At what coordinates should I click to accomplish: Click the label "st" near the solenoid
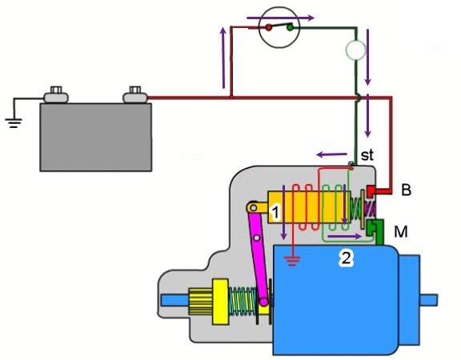click(x=367, y=155)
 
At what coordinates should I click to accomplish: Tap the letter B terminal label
click(x=406, y=190)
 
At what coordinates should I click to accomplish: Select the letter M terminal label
click(x=401, y=232)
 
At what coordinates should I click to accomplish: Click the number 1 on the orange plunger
click(x=275, y=212)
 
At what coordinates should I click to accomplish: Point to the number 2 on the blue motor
click(x=346, y=258)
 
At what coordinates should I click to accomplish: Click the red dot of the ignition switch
click(x=268, y=28)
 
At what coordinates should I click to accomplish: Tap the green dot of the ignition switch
click(x=290, y=28)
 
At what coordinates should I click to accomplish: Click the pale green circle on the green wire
click(x=355, y=50)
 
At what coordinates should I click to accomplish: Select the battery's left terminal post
click(x=56, y=94)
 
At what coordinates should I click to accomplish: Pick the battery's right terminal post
click(x=135, y=94)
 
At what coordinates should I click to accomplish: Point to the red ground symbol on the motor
click(x=292, y=261)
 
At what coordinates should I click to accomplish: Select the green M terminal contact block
click(x=375, y=231)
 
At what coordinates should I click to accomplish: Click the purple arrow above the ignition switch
click(x=280, y=18)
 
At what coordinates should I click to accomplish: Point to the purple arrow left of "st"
click(x=331, y=154)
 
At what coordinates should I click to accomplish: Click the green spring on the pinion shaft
click(x=243, y=302)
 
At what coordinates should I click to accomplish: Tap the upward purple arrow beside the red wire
click(x=223, y=58)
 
